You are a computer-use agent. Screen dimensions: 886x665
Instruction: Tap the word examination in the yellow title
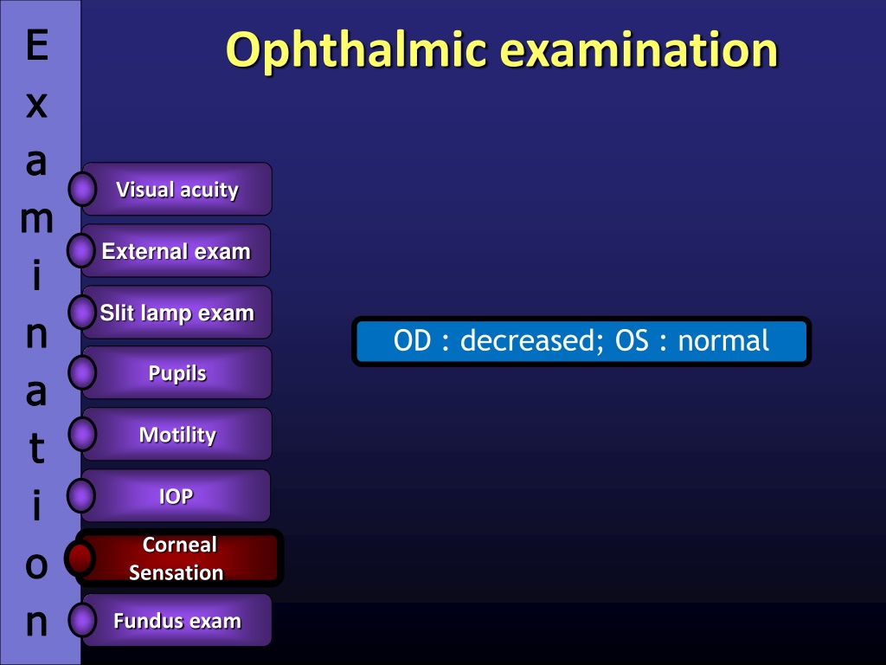click(x=639, y=49)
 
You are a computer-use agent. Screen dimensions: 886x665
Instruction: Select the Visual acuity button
click(x=177, y=189)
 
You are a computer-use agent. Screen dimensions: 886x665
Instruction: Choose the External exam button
click(x=176, y=250)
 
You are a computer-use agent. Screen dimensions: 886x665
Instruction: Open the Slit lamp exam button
click(x=177, y=312)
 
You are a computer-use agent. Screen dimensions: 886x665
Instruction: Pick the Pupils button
click(x=177, y=372)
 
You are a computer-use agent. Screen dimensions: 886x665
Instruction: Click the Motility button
click(x=177, y=435)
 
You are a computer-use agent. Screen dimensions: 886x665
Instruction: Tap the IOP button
click(x=176, y=496)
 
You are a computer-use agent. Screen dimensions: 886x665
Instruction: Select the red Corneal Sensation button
click(x=178, y=558)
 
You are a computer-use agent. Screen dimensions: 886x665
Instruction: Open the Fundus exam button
click(x=177, y=620)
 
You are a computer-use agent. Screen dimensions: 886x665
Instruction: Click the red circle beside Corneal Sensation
click(x=80, y=558)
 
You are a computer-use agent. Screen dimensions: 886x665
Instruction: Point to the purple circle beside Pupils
click(x=82, y=372)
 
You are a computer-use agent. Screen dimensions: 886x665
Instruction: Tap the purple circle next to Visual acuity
click(x=82, y=189)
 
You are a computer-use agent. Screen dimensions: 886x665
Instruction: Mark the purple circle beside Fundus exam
click(x=82, y=620)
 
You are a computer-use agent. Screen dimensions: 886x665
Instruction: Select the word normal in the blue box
click(x=723, y=341)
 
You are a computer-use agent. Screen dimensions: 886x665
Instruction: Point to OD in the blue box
click(x=412, y=341)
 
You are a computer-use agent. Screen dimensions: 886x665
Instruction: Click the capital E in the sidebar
click(x=36, y=45)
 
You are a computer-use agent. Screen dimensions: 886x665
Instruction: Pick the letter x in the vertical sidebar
click(x=36, y=105)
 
